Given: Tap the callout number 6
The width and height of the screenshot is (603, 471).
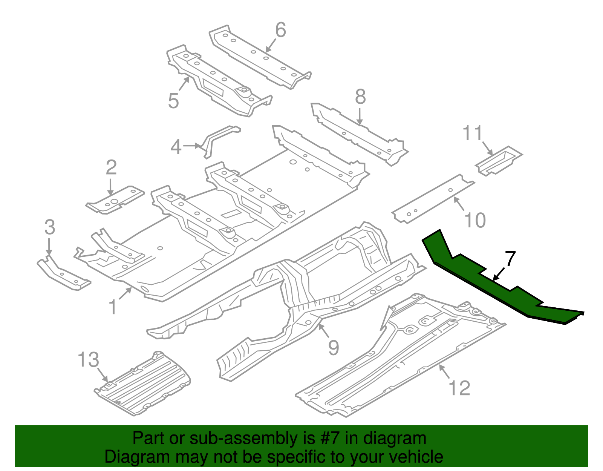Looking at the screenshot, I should point(280,30).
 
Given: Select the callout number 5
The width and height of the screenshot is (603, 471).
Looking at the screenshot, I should point(173,101).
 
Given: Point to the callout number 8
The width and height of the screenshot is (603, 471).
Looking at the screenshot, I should point(360,97).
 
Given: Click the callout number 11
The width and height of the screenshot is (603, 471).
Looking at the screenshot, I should point(473,133).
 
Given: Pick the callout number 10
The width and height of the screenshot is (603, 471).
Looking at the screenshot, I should point(475,220).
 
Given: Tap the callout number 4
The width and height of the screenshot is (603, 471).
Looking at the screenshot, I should point(176,147).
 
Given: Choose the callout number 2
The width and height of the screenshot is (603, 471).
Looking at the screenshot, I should point(111,167).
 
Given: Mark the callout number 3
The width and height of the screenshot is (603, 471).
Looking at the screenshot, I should point(50,227).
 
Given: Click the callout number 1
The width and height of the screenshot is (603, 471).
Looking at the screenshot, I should point(113,307).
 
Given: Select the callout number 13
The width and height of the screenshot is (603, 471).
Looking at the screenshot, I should point(88,360).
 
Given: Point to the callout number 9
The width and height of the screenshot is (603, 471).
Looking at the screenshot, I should point(334,347).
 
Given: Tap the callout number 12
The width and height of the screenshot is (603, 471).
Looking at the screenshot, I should point(460,388).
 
